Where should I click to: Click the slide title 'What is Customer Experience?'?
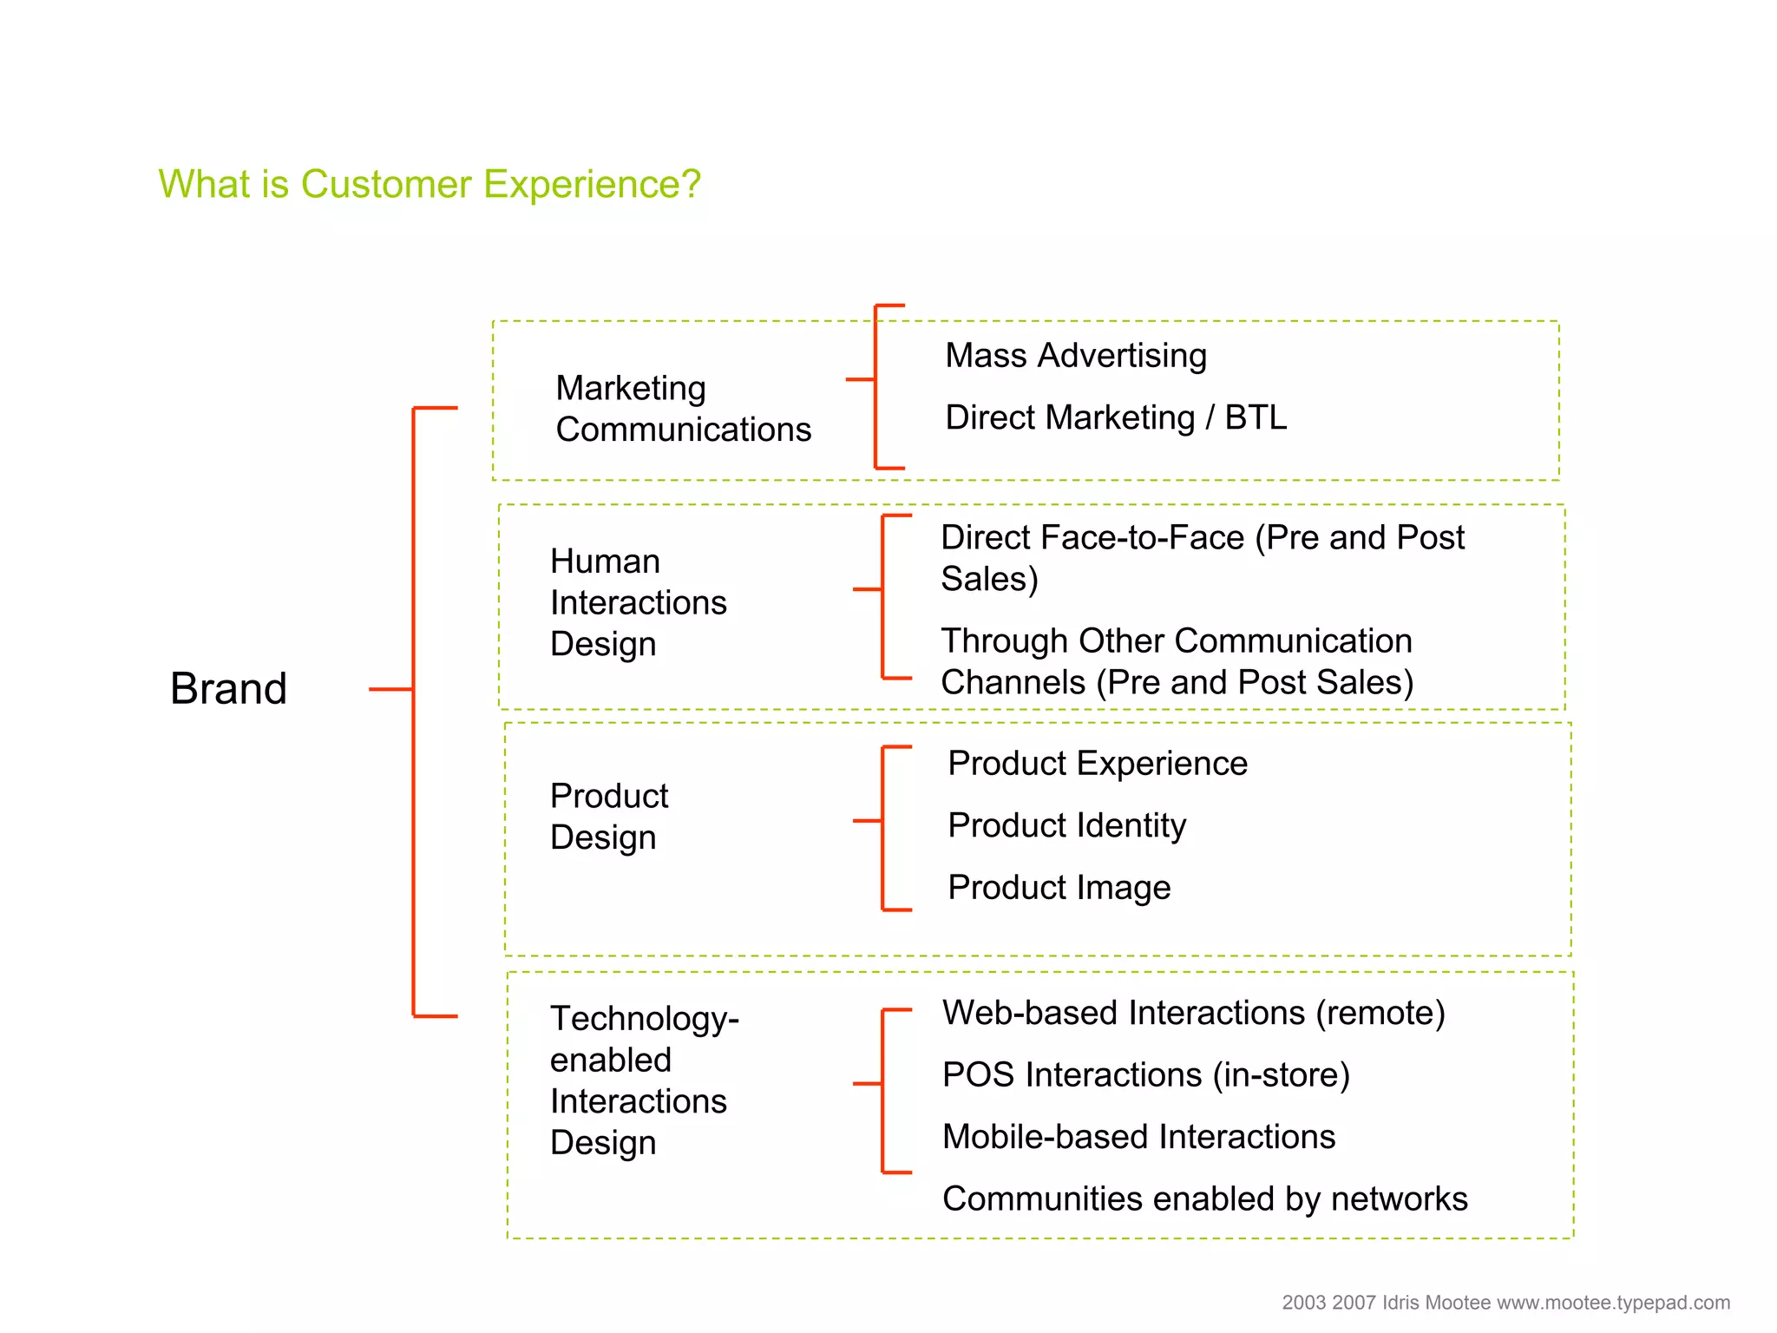click(429, 184)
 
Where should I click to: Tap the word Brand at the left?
click(228, 689)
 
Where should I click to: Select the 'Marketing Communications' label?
click(683, 409)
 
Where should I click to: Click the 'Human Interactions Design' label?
click(638, 602)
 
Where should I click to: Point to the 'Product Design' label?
click(608, 817)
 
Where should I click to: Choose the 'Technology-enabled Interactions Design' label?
click(643, 1080)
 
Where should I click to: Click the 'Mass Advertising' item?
click(1075, 356)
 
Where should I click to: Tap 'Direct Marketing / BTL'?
click(1115, 417)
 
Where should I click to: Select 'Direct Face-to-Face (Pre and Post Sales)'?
click(1202, 557)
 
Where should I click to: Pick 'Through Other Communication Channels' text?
click(1177, 661)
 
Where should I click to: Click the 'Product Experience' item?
click(1097, 764)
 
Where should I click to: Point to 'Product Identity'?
click(1066, 825)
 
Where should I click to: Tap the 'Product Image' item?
click(1059, 888)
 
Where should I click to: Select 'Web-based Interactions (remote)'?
click(1193, 1013)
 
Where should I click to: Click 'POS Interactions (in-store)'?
click(1145, 1075)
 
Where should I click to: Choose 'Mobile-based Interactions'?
click(1138, 1137)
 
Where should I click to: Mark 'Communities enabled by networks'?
click(1204, 1198)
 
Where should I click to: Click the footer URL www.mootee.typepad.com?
click(1613, 1303)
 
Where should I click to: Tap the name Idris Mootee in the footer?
click(1436, 1303)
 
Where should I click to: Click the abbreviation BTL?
click(1256, 417)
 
